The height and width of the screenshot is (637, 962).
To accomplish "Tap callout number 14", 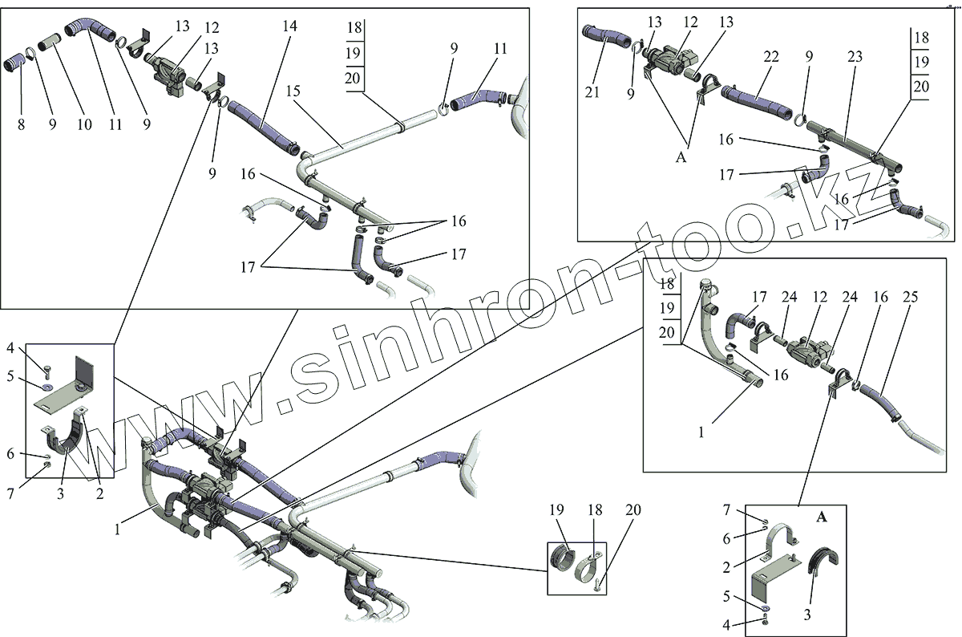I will pos(289,26).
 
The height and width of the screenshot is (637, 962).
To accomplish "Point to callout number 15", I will pos(293,91).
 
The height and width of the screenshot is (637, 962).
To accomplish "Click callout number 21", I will pos(591,92).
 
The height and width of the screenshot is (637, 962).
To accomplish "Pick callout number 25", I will pos(911,298).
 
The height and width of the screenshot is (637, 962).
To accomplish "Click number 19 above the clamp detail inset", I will pos(556,510).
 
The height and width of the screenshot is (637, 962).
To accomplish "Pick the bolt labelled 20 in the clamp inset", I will pos(597,586).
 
